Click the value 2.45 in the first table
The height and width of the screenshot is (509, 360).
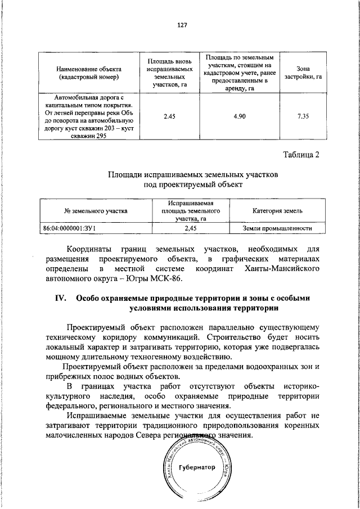pyautogui.click(x=169, y=116)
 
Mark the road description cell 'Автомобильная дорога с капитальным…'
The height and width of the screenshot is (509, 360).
pyautogui.click(x=89, y=116)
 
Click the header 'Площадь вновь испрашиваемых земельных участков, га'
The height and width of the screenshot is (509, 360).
pyautogui.click(x=169, y=72)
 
